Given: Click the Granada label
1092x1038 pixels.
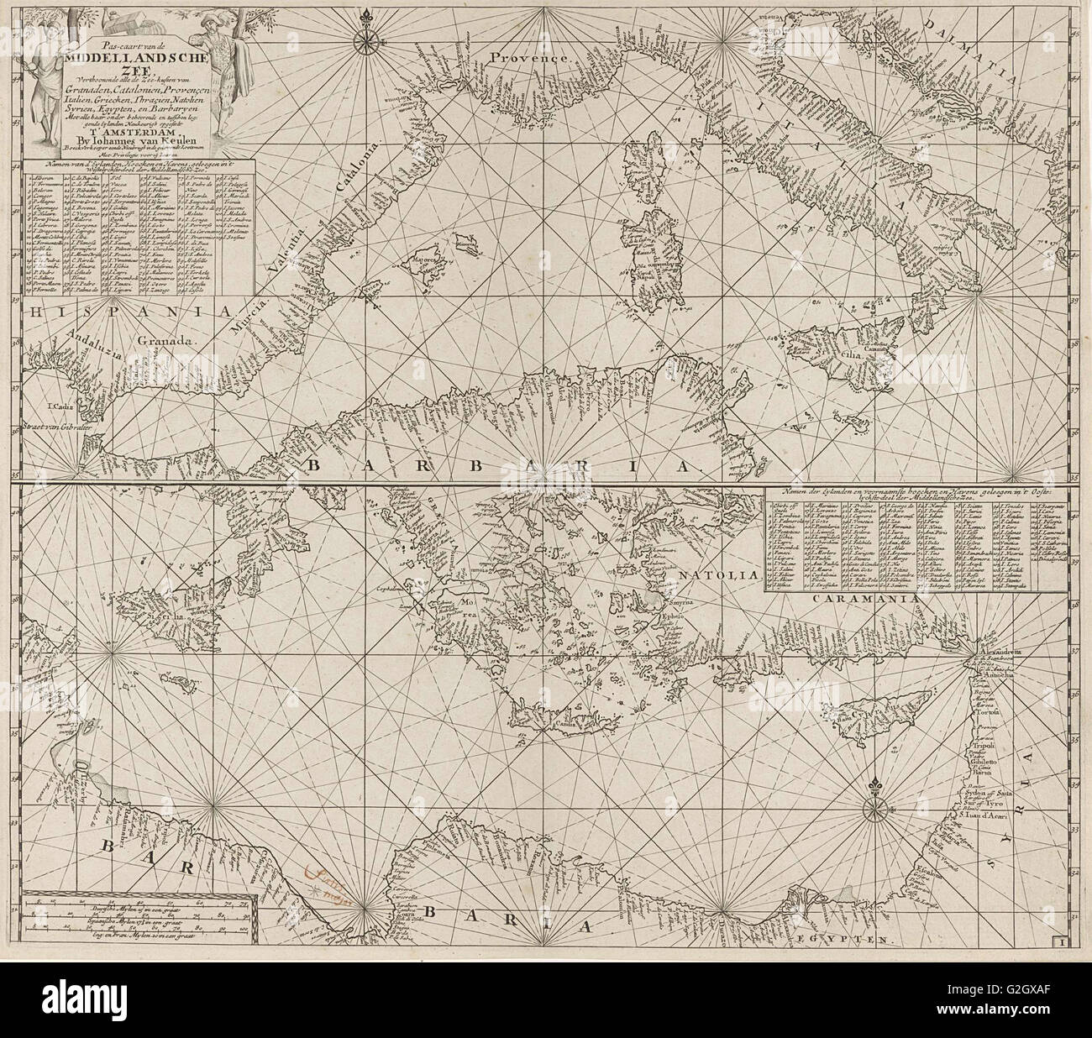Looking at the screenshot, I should pos(166,342).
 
